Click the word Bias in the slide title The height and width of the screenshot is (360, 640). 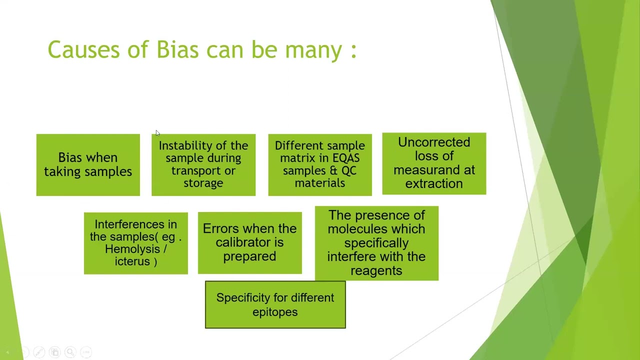click(x=177, y=50)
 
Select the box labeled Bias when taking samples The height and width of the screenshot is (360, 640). click(x=88, y=165)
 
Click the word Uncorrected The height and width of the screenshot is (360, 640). click(x=434, y=142)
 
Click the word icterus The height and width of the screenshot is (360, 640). click(x=132, y=261)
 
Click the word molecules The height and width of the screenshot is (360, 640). click(x=376, y=229)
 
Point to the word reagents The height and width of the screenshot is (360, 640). click(x=376, y=270)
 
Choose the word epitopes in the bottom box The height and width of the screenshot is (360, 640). click(x=275, y=312)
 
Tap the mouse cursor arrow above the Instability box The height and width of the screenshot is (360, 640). click(x=157, y=133)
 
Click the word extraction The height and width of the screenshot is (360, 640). click(x=434, y=183)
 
